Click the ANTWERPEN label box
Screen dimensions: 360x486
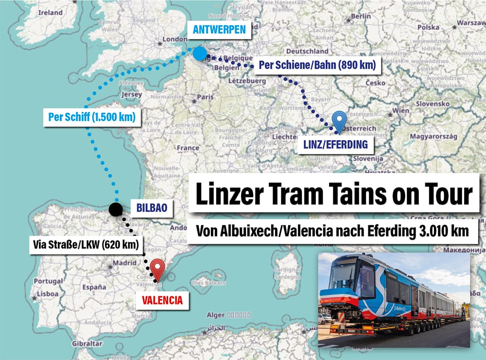[219, 31]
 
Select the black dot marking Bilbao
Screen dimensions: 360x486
[116, 210]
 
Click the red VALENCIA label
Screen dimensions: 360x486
[162, 300]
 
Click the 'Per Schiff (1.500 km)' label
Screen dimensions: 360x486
[91, 117]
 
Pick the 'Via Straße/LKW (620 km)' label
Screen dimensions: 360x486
[84, 243]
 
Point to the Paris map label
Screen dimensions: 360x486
[206, 96]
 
